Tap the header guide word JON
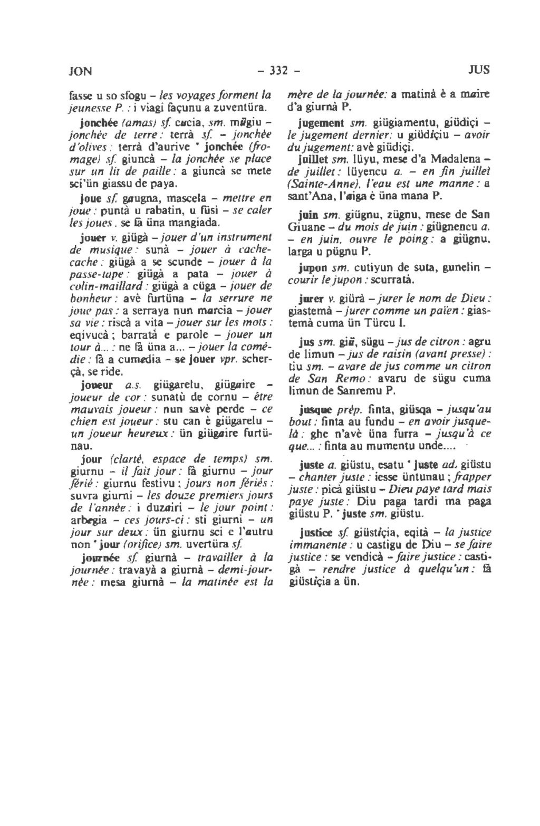(81, 70)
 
